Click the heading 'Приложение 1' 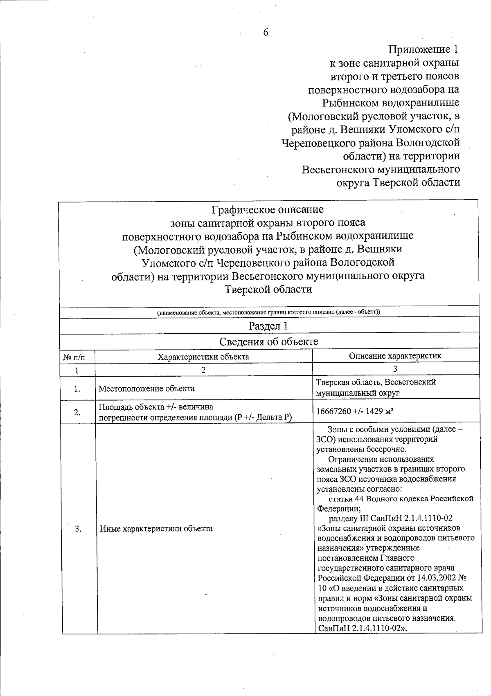tap(423, 50)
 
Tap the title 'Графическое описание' tap(267, 210)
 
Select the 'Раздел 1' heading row tap(268, 326)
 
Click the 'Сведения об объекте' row tap(268, 341)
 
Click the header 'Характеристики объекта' tap(203, 357)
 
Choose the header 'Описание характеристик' tap(395, 356)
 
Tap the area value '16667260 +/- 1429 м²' tap(355, 411)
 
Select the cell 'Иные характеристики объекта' tap(156, 528)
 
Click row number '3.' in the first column tap(78, 528)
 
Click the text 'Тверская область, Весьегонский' tap(376, 382)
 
